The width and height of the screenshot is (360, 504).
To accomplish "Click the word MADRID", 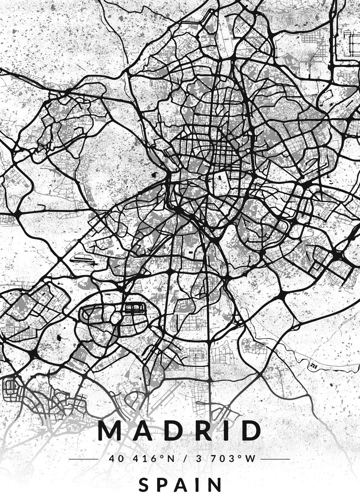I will [x=179, y=430].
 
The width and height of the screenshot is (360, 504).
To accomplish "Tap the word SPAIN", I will [x=180, y=486].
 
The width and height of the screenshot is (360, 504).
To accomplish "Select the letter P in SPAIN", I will [x=162, y=486].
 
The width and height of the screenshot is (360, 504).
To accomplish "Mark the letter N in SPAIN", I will [x=215, y=486].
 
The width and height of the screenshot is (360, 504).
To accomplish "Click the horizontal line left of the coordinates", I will [x=83, y=459].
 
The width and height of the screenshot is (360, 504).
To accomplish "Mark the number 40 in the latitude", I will [x=114, y=459].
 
